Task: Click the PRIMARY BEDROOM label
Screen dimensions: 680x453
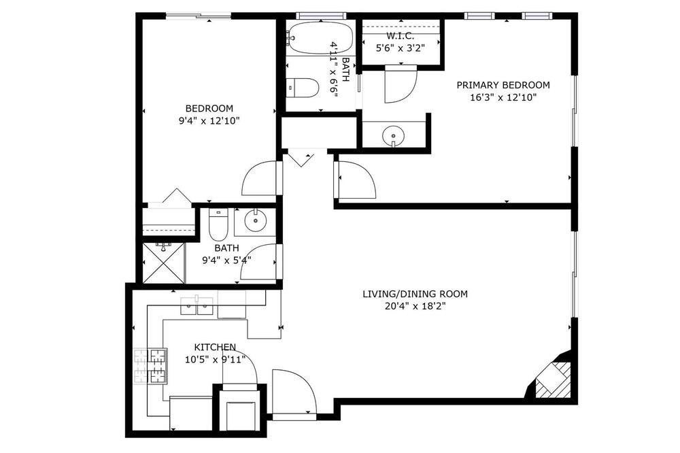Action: (x=503, y=85)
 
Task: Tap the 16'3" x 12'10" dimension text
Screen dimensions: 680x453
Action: (x=503, y=98)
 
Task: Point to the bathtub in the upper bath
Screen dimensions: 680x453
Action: (x=320, y=38)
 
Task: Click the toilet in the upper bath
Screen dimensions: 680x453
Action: (x=303, y=88)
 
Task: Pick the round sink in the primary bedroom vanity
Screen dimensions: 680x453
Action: (x=393, y=136)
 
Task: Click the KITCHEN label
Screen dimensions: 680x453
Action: (x=215, y=347)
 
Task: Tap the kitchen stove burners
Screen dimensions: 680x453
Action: (x=150, y=366)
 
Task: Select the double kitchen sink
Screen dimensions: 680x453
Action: (x=197, y=306)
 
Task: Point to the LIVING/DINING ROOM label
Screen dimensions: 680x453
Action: (x=415, y=295)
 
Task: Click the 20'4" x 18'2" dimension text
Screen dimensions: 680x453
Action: (x=415, y=307)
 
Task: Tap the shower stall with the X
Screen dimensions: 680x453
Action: (x=164, y=263)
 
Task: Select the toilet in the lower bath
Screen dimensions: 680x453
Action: (x=218, y=224)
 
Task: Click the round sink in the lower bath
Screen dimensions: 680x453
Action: (x=256, y=222)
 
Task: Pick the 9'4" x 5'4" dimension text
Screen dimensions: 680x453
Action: (x=226, y=261)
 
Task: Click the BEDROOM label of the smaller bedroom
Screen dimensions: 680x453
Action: (x=209, y=108)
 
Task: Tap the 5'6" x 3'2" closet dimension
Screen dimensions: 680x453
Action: (x=399, y=48)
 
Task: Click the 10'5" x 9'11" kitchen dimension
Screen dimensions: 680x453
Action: (x=215, y=360)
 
